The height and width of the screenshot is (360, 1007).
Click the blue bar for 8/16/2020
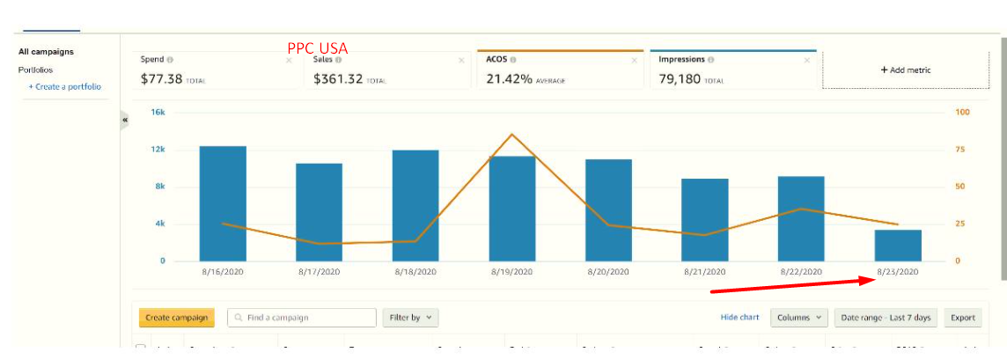click(223, 203)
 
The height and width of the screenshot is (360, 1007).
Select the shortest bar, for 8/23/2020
click(898, 245)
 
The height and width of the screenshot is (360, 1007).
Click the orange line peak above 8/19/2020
click(512, 135)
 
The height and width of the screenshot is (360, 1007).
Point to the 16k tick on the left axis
click(158, 113)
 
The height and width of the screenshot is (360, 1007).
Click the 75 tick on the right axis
click(961, 150)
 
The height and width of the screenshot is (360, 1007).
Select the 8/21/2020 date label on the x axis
click(705, 272)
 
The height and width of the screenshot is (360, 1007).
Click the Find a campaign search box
click(302, 317)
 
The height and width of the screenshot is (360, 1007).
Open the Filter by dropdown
click(410, 317)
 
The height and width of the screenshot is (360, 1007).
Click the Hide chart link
click(739, 317)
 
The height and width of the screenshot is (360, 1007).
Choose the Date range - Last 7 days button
click(885, 317)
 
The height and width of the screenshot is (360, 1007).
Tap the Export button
click(963, 317)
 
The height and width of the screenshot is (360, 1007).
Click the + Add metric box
click(906, 70)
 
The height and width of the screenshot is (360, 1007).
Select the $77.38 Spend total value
click(161, 78)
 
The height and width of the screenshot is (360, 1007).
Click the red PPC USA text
click(317, 48)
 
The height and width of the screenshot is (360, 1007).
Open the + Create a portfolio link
click(64, 86)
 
